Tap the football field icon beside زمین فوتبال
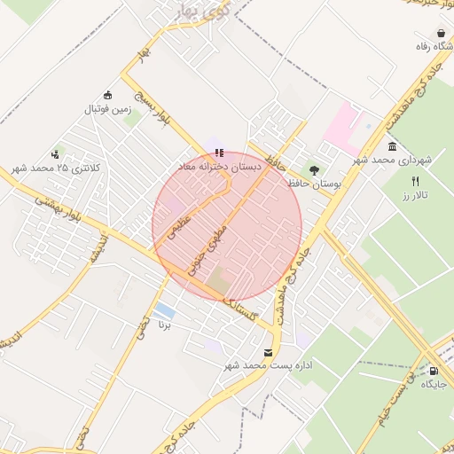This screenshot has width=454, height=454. pos(108,96)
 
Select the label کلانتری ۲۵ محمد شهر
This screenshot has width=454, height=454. pos(57,168)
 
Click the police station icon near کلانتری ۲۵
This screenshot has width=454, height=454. pos(56,154)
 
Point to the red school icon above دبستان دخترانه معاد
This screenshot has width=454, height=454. pos(219,153)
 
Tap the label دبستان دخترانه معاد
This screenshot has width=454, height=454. pos(218,166)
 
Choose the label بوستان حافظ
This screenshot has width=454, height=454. pos(315,184)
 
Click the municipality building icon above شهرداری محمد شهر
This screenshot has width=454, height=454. pos(392,146)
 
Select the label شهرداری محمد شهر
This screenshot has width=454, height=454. pos(392,160)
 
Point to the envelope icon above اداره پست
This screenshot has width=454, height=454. pos(269,354)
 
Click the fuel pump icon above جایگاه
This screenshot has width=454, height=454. pos(433,371)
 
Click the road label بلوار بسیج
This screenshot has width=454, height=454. pos(151,105)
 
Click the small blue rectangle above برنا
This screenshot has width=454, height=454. pos(164,310)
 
